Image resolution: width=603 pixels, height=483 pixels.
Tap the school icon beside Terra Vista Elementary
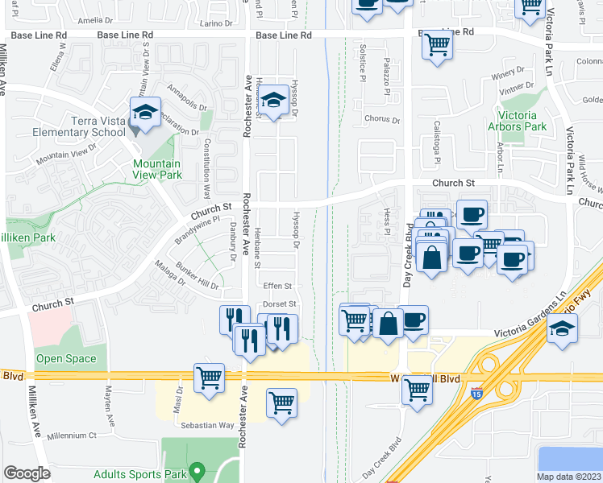point(145,114)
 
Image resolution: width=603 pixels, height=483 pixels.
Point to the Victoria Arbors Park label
point(517,121)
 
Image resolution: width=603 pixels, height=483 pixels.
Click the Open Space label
point(66,359)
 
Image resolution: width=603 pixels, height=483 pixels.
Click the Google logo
point(27,473)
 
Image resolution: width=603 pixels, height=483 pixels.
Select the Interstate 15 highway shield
point(477,394)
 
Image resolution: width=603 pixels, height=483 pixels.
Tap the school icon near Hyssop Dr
point(274,101)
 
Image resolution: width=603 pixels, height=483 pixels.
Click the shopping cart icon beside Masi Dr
point(209,377)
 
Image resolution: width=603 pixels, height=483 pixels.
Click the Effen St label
point(277,286)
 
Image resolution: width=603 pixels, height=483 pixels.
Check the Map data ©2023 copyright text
point(568,477)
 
